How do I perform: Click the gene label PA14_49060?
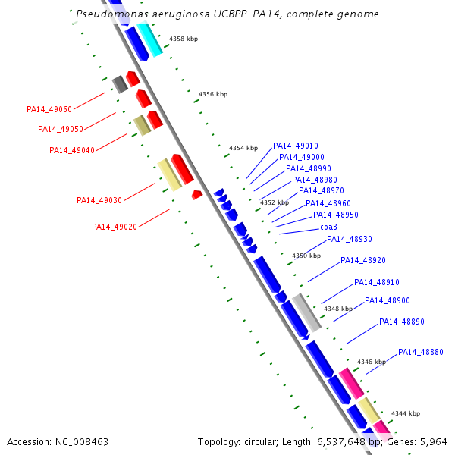49,109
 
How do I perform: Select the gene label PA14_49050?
60,129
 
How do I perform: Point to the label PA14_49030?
99,200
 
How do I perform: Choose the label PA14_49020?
114,227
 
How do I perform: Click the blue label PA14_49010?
295,146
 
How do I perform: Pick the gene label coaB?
328,227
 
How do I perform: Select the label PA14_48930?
349,240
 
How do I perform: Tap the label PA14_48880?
420,352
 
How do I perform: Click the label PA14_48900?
387,301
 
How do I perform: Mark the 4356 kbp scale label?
212,95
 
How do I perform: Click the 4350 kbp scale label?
306,256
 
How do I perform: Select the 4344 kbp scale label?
405,413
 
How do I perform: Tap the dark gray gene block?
118,83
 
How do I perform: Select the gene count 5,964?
432,441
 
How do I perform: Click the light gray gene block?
307,312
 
